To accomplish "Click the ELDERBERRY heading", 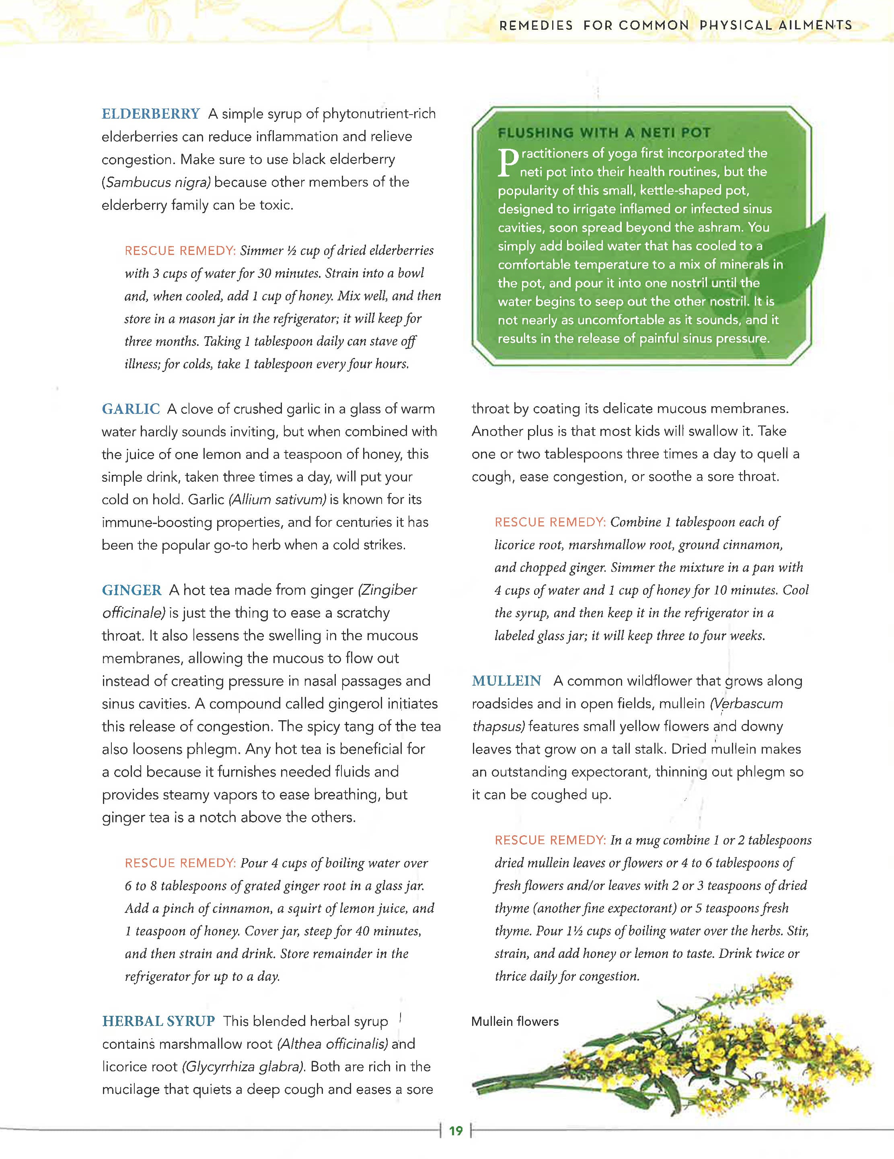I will coord(151,113).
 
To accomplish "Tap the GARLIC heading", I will coord(131,409).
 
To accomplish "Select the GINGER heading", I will coord(132,590).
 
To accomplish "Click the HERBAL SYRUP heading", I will coord(158,1021).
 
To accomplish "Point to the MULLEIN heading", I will coord(506,681).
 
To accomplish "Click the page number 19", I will coord(456,1130).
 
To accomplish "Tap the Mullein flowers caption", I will coord(515,1021).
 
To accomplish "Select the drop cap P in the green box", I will coord(507,162).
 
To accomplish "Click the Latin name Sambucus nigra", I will coord(158,182).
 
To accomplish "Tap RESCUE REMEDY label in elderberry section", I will coord(180,251).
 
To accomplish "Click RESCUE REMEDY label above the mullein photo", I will coord(550,840).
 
